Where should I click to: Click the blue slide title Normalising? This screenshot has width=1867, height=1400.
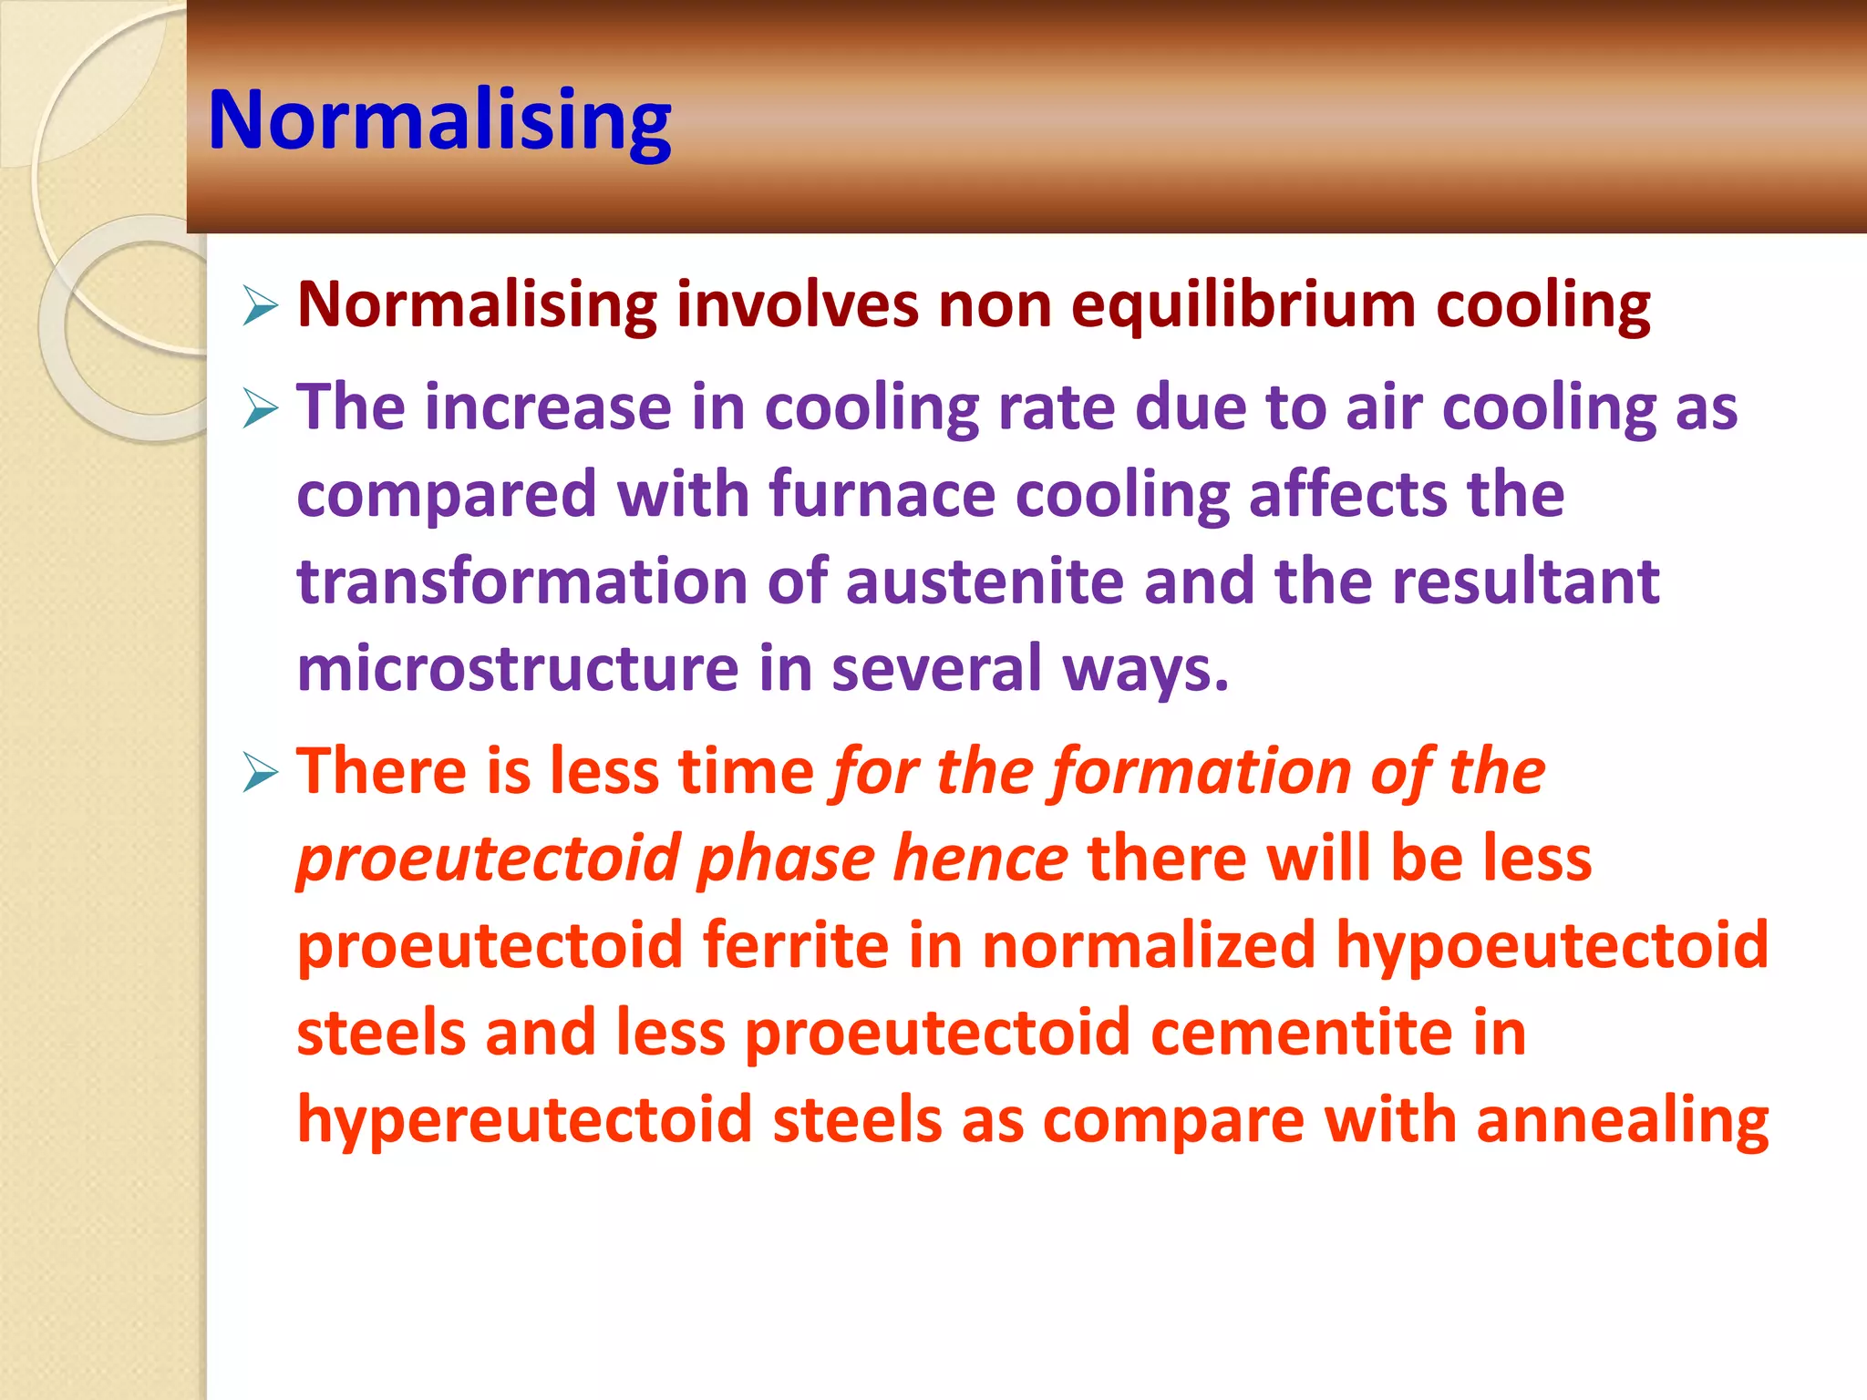(439, 121)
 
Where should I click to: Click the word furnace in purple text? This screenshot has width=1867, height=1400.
(882, 495)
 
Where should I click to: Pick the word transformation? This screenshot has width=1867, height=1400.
(521, 582)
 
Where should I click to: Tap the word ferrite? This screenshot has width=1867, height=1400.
(795, 945)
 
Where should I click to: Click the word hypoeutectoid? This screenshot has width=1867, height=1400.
(1552, 945)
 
